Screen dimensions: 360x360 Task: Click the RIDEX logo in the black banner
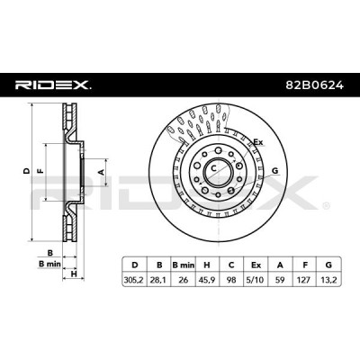[53, 85]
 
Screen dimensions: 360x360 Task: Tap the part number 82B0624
[314, 85]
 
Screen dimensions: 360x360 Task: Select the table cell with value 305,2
[134, 280]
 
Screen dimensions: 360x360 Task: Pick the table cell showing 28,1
[159, 280]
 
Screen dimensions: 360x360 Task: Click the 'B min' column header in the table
[184, 265]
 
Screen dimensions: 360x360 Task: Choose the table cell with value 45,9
[207, 280]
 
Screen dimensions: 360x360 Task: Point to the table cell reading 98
[231, 280]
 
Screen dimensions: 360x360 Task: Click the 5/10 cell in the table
[256, 280]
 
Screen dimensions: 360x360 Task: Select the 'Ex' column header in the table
[256, 265]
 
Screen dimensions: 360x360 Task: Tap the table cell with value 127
[304, 280]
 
